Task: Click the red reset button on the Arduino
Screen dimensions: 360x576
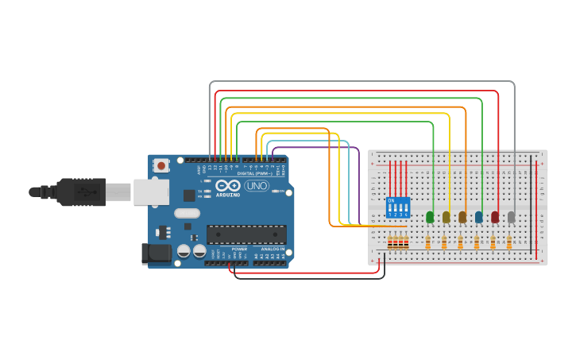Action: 161,166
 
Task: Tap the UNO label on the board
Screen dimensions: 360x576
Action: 257,185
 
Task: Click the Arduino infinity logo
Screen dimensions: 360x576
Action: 228,185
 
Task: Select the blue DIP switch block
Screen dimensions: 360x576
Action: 397,207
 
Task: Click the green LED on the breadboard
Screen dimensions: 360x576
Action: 430,216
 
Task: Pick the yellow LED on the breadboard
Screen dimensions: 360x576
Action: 446,216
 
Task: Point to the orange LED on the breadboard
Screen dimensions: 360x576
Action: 462,216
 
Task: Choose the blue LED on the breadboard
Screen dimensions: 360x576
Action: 478,216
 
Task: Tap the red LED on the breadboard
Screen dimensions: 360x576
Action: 495,216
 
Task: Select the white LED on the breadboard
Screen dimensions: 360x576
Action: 511,216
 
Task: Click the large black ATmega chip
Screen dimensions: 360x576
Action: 246,234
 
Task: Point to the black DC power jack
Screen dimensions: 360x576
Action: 155,254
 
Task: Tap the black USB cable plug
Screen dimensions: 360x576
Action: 79,192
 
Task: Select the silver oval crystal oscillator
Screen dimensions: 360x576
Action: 187,213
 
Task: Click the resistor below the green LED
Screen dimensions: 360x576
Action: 428,242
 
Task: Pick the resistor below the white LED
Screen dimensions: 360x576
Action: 509,242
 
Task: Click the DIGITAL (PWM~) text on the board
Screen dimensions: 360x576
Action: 253,172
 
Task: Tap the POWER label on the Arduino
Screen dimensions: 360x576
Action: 239,249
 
